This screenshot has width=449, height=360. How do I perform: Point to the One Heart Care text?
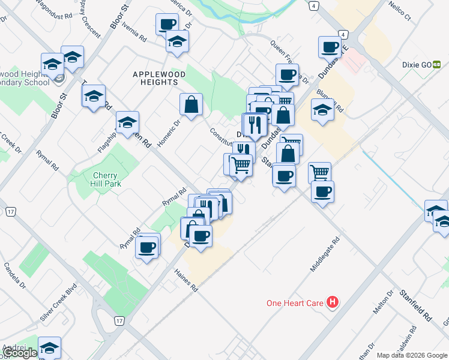click(x=295, y=304)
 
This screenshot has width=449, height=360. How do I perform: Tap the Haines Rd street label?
click(x=186, y=280)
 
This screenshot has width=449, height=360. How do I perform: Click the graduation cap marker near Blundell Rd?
click(x=322, y=110)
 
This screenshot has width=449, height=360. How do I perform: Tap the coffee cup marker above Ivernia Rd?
click(x=167, y=24)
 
